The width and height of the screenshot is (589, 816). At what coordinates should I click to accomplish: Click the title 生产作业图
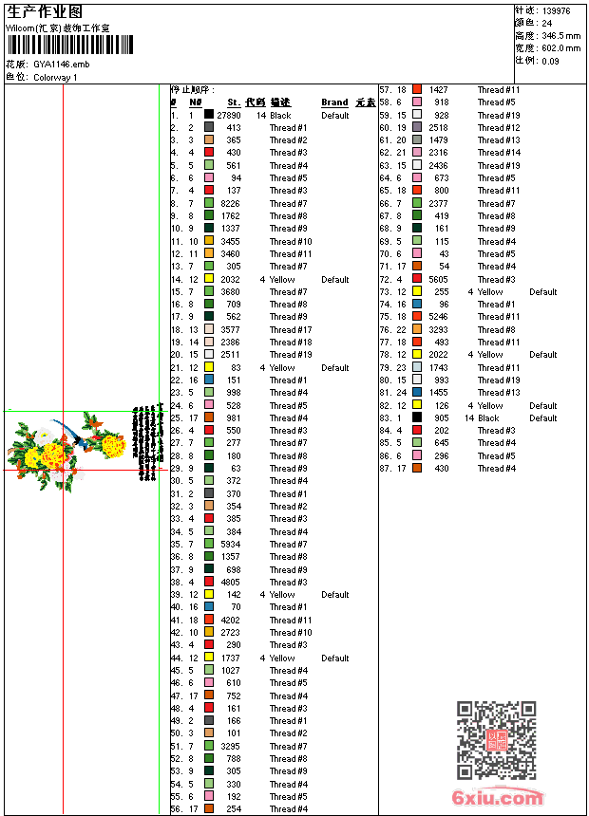click(x=45, y=11)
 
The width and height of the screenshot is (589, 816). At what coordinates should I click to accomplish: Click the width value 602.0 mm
click(x=560, y=47)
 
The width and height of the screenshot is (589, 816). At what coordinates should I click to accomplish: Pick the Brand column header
click(x=334, y=102)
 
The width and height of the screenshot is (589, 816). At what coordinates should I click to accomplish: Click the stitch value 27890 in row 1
click(x=229, y=115)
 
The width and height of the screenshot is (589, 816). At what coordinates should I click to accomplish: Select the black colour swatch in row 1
click(x=209, y=115)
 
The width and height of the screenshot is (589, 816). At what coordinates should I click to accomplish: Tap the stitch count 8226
click(x=231, y=203)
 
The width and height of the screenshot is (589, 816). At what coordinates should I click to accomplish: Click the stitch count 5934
click(x=231, y=545)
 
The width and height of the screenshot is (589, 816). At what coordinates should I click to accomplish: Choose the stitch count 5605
click(x=438, y=279)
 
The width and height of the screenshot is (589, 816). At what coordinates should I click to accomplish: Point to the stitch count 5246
click(x=438, y=317)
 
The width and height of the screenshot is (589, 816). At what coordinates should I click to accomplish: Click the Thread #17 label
click(x=290, y=329)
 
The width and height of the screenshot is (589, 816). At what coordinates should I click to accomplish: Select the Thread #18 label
click(x=290, y=343)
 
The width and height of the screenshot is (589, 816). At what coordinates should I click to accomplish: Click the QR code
click(x=497, y=740)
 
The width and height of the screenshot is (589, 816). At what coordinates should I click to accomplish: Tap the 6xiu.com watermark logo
click(x=498, y=798)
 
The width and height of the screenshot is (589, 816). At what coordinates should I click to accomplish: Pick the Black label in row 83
click(x=488, y=418)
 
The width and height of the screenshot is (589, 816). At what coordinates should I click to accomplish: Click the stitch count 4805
click(x=231, y=583)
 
